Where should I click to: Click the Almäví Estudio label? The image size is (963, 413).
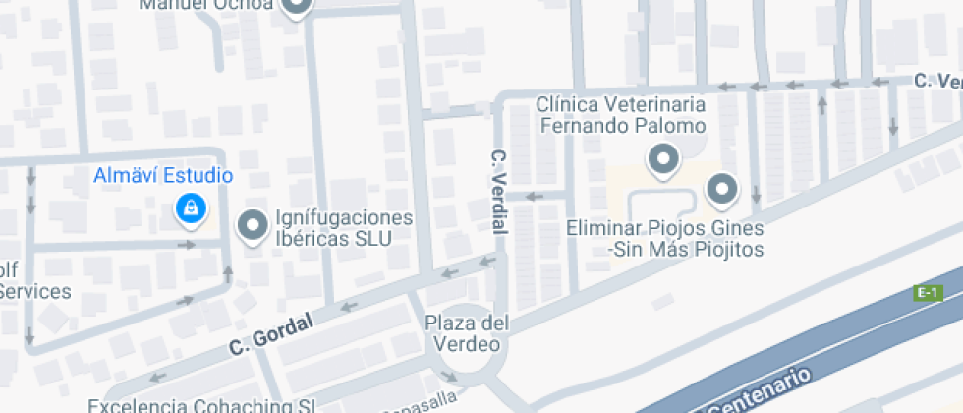tap(163, 176)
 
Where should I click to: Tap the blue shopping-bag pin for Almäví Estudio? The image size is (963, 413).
tap(190, 207)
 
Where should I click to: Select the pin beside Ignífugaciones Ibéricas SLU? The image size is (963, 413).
tap(254, 226)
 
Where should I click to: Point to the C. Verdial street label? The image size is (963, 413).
tap(498, 191)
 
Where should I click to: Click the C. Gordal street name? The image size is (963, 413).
tap(270, 334)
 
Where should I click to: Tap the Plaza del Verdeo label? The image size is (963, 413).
tap(467, 333)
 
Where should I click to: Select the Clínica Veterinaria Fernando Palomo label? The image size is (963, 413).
tap(621, 115)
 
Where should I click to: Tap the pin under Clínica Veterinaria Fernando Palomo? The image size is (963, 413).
tap(663, 158)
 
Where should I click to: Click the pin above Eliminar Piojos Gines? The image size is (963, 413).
tap(723, 188)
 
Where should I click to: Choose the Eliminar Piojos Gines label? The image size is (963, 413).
tap(665, 239)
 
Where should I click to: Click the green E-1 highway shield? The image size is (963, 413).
tap(928, 292)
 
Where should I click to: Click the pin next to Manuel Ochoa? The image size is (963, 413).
tap(295, 6)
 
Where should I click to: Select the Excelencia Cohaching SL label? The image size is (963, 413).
tap(201, 405)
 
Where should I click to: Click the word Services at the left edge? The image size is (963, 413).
tap(34, 291)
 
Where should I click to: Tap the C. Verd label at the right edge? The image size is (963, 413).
tap(936, 80)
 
